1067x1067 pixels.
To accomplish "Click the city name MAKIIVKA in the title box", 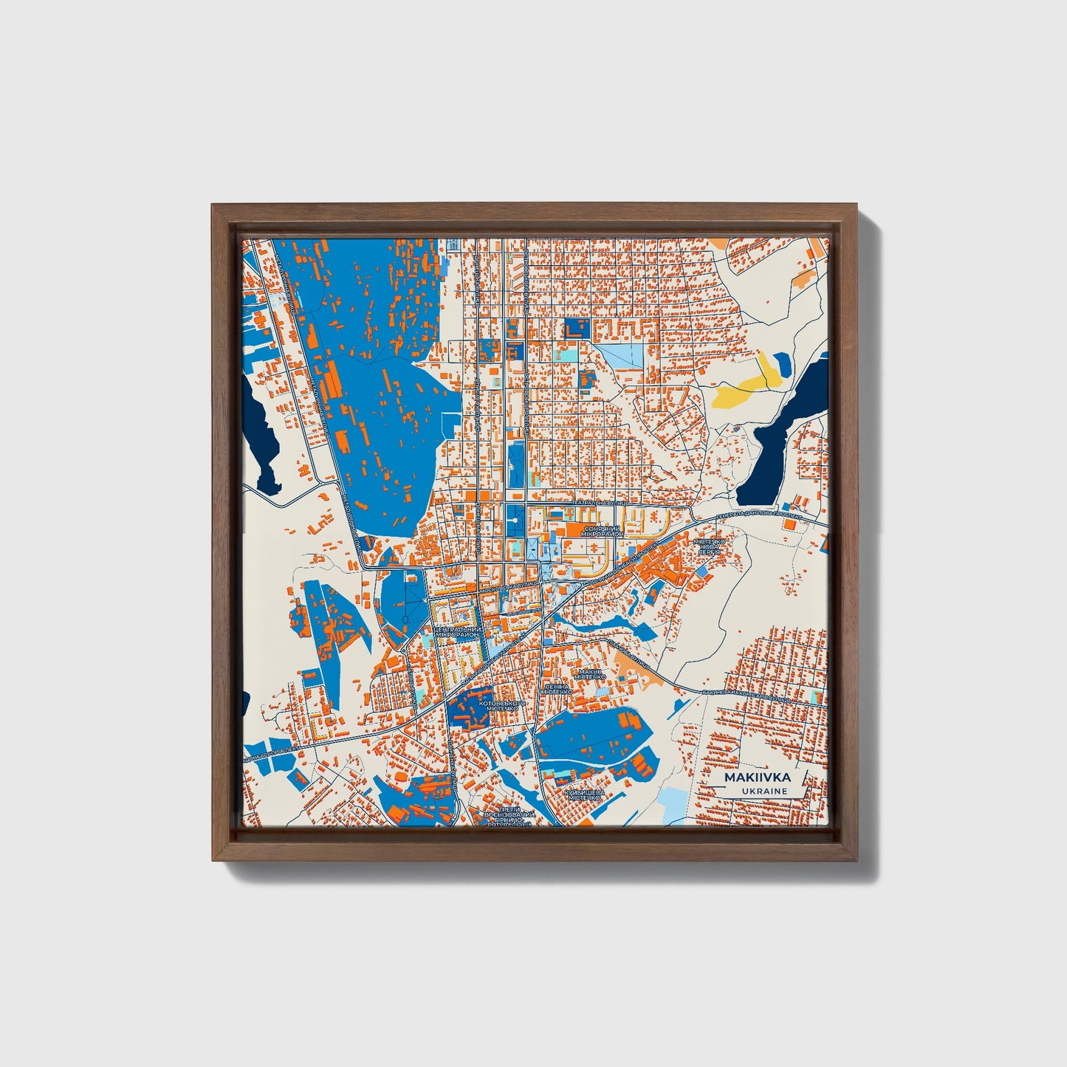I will click(x=758, y=778).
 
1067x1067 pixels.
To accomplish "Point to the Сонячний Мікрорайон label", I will click(x=604, y=531).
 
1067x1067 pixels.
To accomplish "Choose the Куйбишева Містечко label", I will click(x=584, y=795).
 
